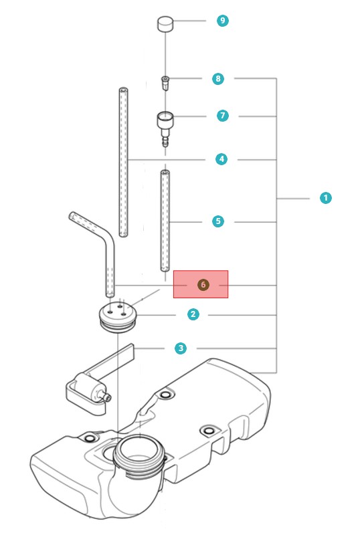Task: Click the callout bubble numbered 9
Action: (x=223, y=21)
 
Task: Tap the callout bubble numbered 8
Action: (x=218, y=79)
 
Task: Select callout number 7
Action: (x=223, y=116)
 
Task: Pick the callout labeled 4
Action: (x=221, y=159)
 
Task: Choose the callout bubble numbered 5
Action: (x=218, y=221)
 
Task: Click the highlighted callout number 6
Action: (x=203, y=285)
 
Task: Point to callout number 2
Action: (x=193, y=314)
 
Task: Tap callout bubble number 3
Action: (x=181, y=348)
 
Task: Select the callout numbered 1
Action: (x=325, y=198)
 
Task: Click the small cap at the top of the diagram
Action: (x=165, y=24)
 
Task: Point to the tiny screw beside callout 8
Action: (x=165, y=83)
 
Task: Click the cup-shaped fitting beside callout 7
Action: (x=165, y=128)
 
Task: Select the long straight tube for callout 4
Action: (x=123, y=162)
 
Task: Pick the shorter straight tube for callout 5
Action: (x=165, y=221)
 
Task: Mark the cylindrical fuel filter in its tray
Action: (x=90, y=389)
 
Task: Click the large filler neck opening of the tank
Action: (x=139, y=449)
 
